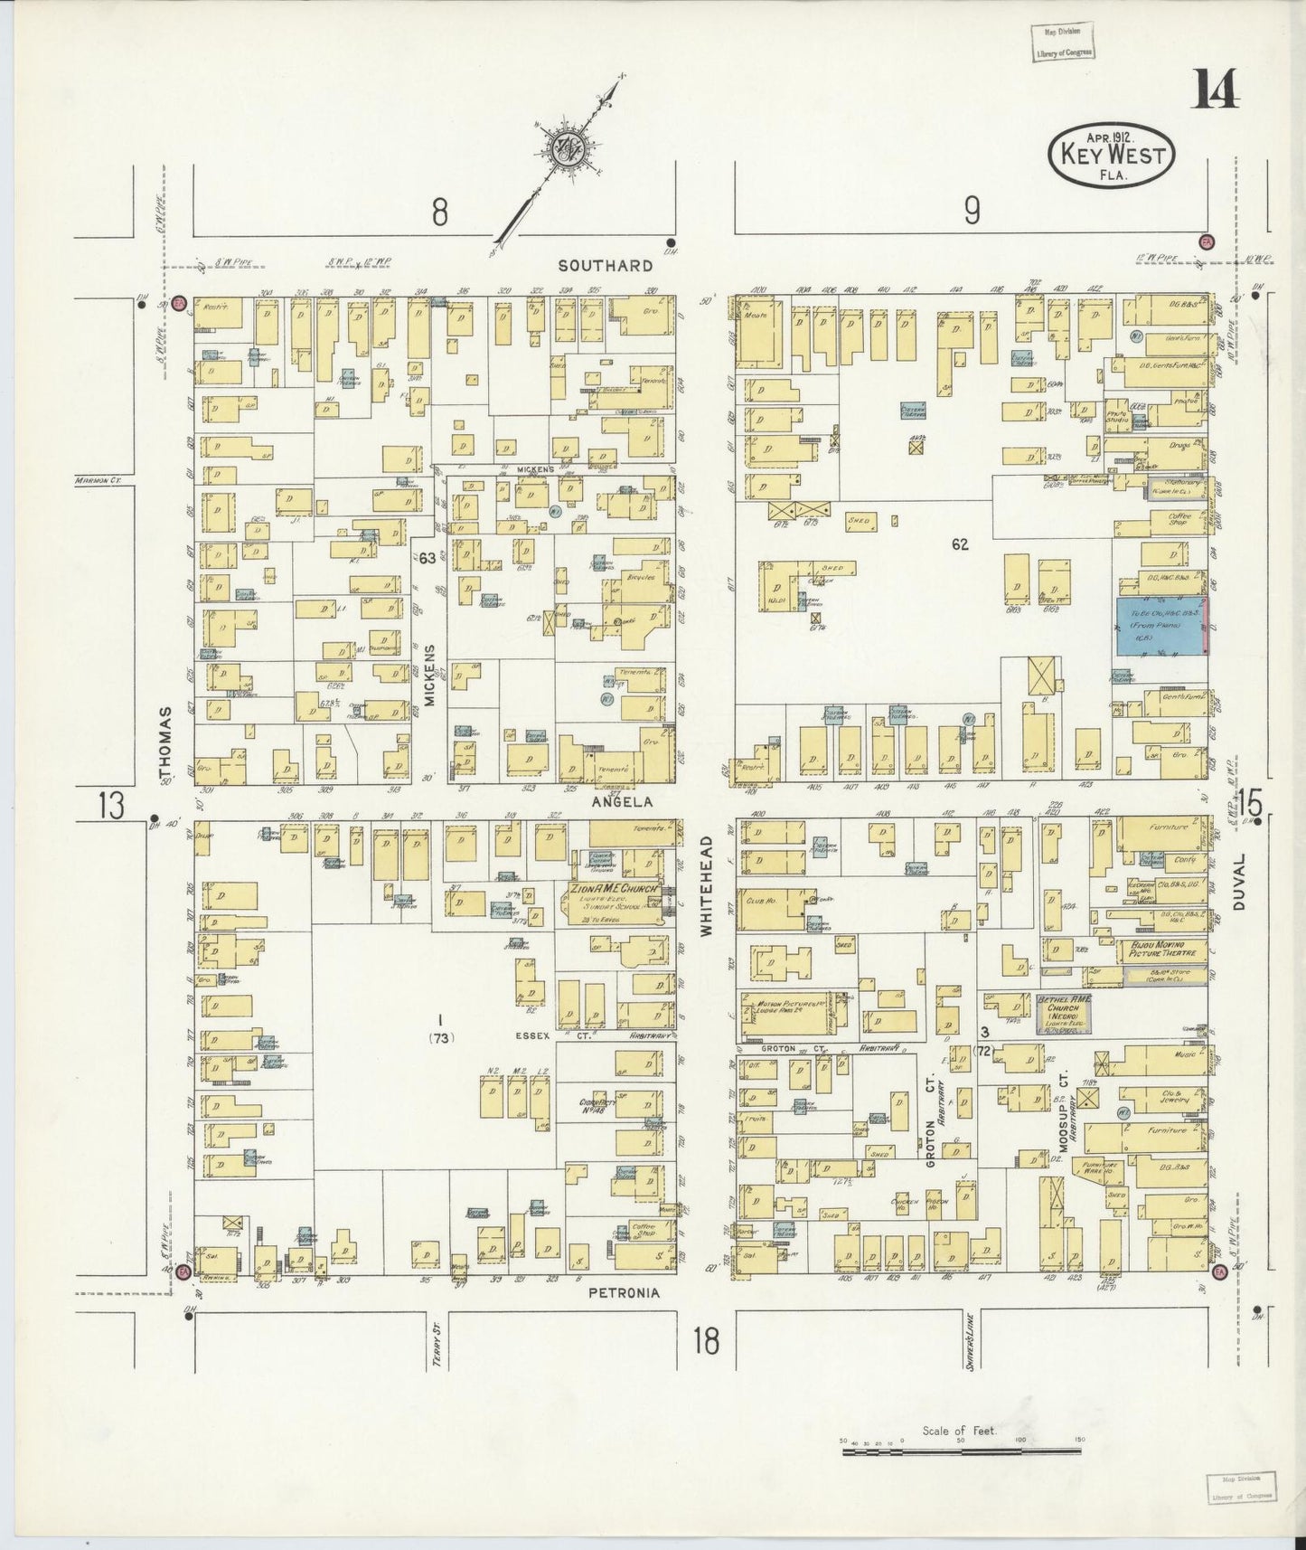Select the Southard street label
click(605, 266)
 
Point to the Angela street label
click(615, 801)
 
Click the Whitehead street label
click(708, 885)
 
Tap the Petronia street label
click(624, 1293)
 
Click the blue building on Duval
click(1161, 626)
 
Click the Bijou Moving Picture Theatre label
click(1164, 950)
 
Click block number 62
click(960, 544)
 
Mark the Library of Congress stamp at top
click(1063, 41)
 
